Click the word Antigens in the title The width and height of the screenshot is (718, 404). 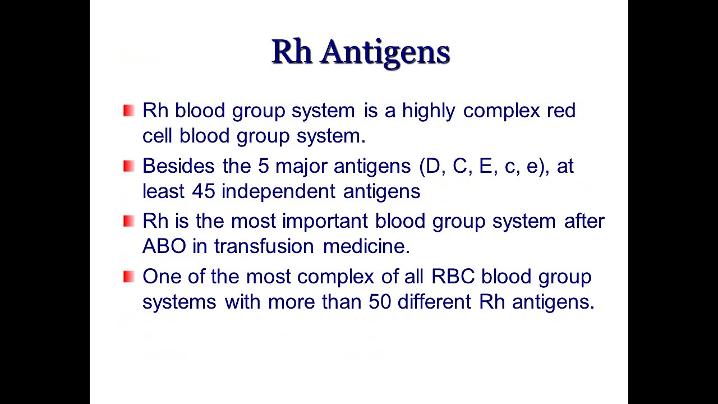click(386, 52)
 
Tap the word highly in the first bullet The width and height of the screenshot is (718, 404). click(429, 111)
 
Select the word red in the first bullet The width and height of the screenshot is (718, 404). click(561, 111)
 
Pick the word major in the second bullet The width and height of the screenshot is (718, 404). click(302, 166)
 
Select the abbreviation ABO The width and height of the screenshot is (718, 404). click(164, 246)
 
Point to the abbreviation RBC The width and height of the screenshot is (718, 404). click(453, 277)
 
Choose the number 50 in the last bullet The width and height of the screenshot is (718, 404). click(380, 302)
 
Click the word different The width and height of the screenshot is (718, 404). click(435, 302)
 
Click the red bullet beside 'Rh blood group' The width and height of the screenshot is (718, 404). click(129, 111)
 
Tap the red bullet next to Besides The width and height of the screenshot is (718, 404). click(129, 166)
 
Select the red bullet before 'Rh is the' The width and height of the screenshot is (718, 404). click(129, 221)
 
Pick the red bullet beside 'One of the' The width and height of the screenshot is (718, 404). click(129, 277)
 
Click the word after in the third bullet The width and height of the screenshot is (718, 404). click(584, 221)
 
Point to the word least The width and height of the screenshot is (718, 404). click(164, 191)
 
